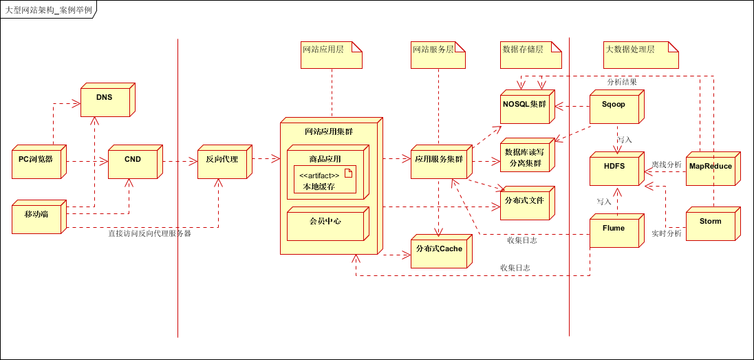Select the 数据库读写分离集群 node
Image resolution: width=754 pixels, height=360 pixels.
524,158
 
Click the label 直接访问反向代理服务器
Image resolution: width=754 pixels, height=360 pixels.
149,234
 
